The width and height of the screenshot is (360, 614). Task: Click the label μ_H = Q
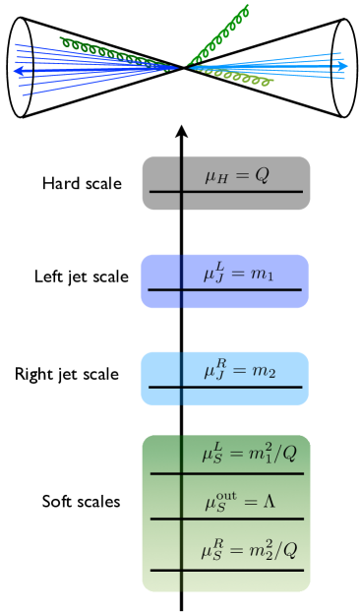[x=236, y=176]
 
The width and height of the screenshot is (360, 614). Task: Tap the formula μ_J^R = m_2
[x=239, y=371]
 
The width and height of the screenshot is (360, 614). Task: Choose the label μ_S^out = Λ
[x=240, y=502]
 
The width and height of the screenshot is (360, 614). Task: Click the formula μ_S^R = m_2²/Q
[x=250, y=550]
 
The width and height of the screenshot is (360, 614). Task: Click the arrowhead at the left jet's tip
[x=18, y=71]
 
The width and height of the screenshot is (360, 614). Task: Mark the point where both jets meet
[x=184, y=67]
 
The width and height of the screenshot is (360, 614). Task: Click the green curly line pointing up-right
[x=218, y=34]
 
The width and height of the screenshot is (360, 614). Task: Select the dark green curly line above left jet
[x=108, y=49]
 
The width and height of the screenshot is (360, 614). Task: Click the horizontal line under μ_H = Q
[x=226, y=192]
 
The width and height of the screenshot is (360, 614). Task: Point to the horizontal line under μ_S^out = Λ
[x=226, y=519]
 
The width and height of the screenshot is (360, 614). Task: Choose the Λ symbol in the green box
[x=269, y=502]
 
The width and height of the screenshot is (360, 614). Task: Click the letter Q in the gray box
[x=262, y=176]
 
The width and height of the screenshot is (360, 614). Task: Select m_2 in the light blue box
[x=264, y=372]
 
